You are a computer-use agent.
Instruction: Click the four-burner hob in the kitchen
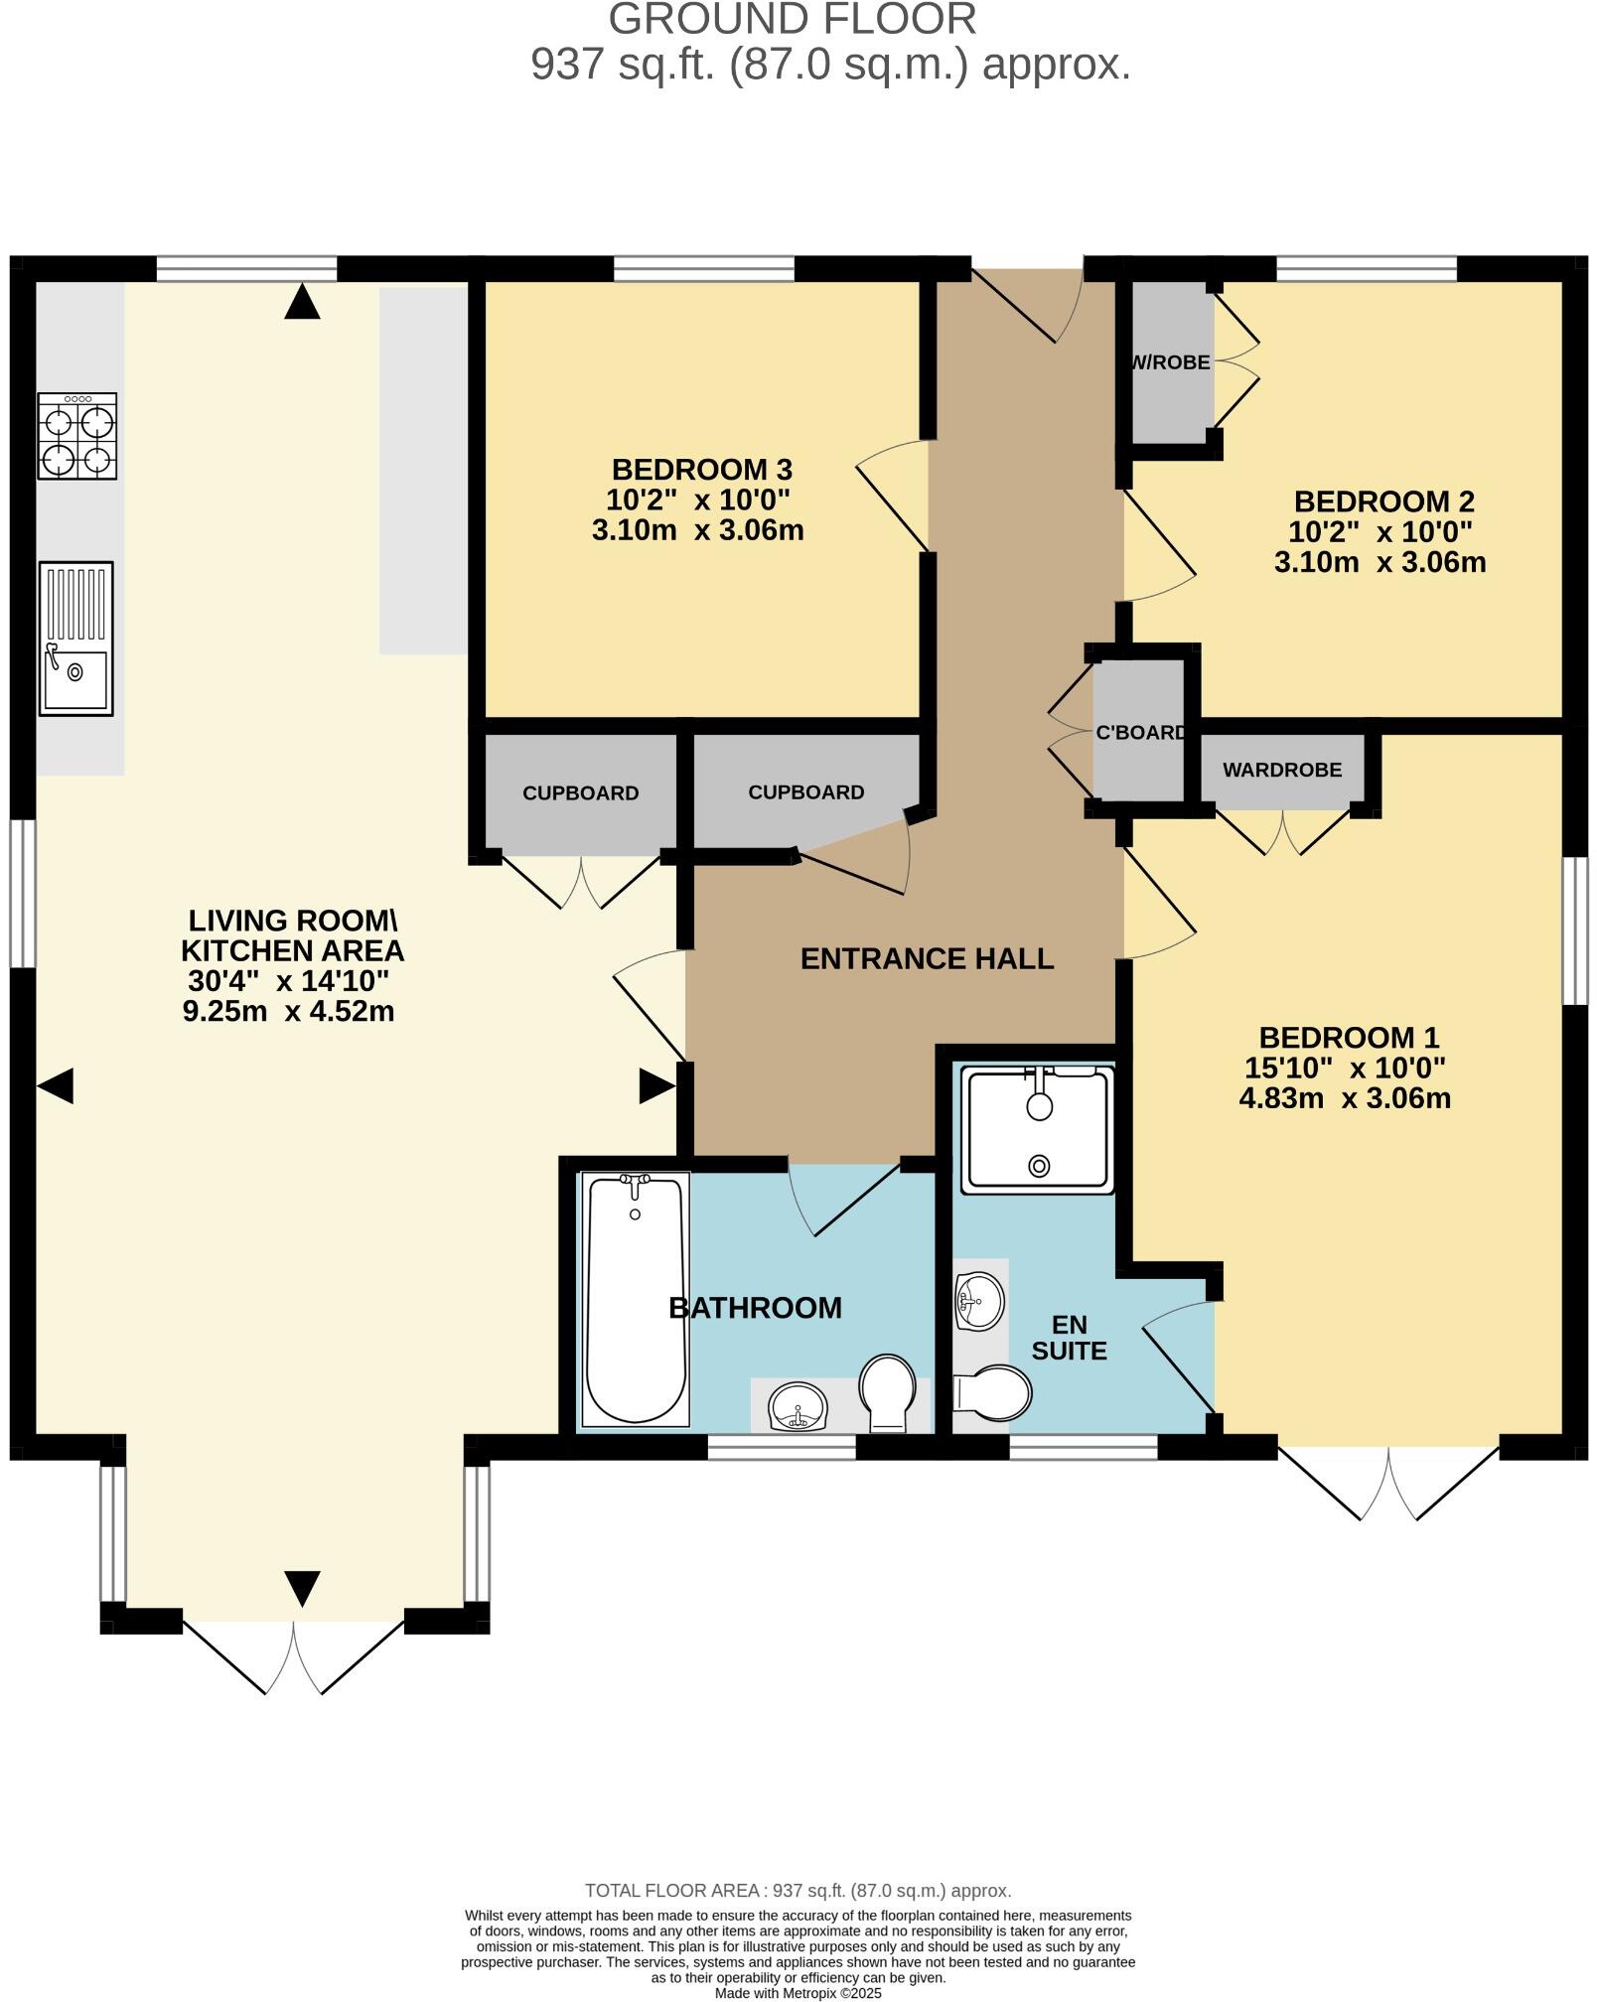point(77,436)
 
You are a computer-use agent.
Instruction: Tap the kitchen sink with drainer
point(75,639)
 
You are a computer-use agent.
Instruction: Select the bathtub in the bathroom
point(635,1300)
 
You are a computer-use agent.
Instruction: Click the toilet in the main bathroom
point(887,1392)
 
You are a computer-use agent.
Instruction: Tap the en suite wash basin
point(979,1300)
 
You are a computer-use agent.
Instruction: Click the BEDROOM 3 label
point(701,469)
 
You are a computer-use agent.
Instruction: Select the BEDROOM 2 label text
point(1383,501)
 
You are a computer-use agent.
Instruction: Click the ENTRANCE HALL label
point(927,958)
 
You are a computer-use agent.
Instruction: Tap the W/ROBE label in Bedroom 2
point(1171,362)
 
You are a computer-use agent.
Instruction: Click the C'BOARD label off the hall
point(1141,733)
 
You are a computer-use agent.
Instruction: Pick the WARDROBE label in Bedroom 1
point(1281,770)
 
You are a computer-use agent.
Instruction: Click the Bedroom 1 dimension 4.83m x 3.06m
point(1345,1098)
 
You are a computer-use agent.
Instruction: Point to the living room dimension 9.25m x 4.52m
point(288,1012)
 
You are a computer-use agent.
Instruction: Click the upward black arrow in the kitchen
point(302,302)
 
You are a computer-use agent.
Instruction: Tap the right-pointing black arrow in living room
point(656,1086)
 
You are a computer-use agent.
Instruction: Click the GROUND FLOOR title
point(792,20)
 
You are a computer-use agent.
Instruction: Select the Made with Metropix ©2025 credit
point(798,1992)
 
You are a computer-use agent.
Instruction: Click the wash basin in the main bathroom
point(798,1408)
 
